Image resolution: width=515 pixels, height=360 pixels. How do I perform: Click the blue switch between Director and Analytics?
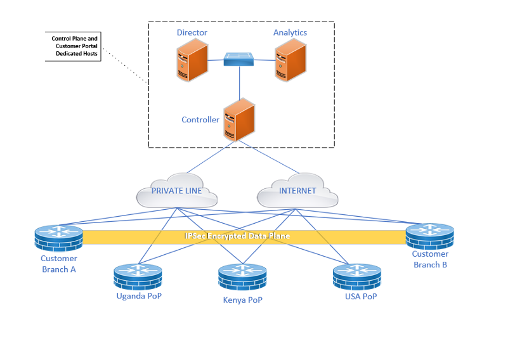pyautogui.click(x=239, y=60)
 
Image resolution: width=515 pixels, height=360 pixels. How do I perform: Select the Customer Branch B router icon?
pyautogui.click(x=430, y=236)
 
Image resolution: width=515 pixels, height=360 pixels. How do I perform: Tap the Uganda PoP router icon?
pyautogui.click(x=138, y=277)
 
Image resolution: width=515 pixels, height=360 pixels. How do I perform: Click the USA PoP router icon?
pyautogui.click(x=357, y=277)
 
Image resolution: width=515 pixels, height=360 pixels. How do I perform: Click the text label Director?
pyautogui.click(x=192, y=32)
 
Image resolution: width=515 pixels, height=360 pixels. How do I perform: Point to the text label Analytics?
pyautogui.click(x=290, y=32)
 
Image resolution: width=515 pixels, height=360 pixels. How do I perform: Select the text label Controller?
pyautogui.click(x=200, y=120)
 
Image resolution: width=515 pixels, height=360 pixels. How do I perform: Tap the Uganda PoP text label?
pyautogui.click(x=139, y=296)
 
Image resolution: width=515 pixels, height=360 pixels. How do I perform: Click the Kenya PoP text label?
pyautogui.click(x=242, y=300)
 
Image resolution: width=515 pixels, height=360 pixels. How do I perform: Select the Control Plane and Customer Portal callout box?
pyautogui.click(x=73, y=47)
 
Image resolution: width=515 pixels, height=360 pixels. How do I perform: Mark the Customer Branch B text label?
pyautogui.click(x=430, y=259)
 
